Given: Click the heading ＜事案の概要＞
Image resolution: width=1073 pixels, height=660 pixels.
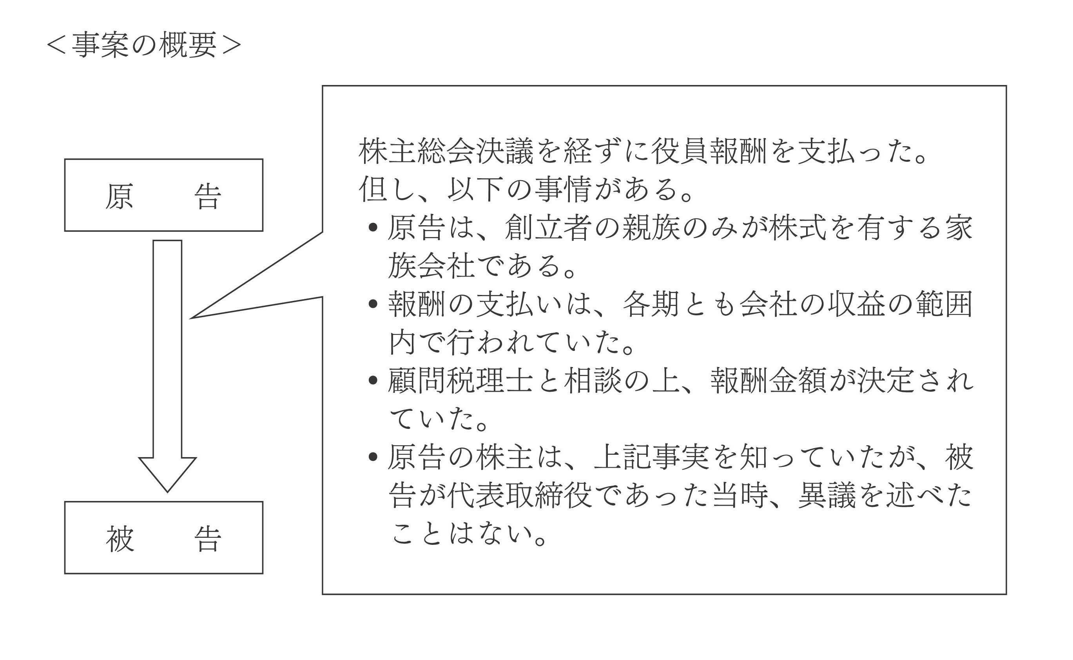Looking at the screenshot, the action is tap(144, 45).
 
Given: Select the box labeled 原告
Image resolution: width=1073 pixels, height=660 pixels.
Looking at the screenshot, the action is tap(164, 195).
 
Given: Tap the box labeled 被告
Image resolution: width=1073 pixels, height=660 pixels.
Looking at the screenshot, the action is tap(164, 538).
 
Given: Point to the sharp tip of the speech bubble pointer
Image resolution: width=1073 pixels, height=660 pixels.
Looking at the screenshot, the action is tap(191, 318).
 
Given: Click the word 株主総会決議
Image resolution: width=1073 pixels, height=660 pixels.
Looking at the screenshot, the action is tap(446, 152).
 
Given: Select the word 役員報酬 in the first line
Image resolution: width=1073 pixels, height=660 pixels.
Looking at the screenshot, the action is tap(709, 152).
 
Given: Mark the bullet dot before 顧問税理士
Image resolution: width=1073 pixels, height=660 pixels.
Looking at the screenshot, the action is tap(373, 380).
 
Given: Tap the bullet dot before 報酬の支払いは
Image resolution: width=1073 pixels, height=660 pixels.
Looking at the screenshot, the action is tap(373, 304).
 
